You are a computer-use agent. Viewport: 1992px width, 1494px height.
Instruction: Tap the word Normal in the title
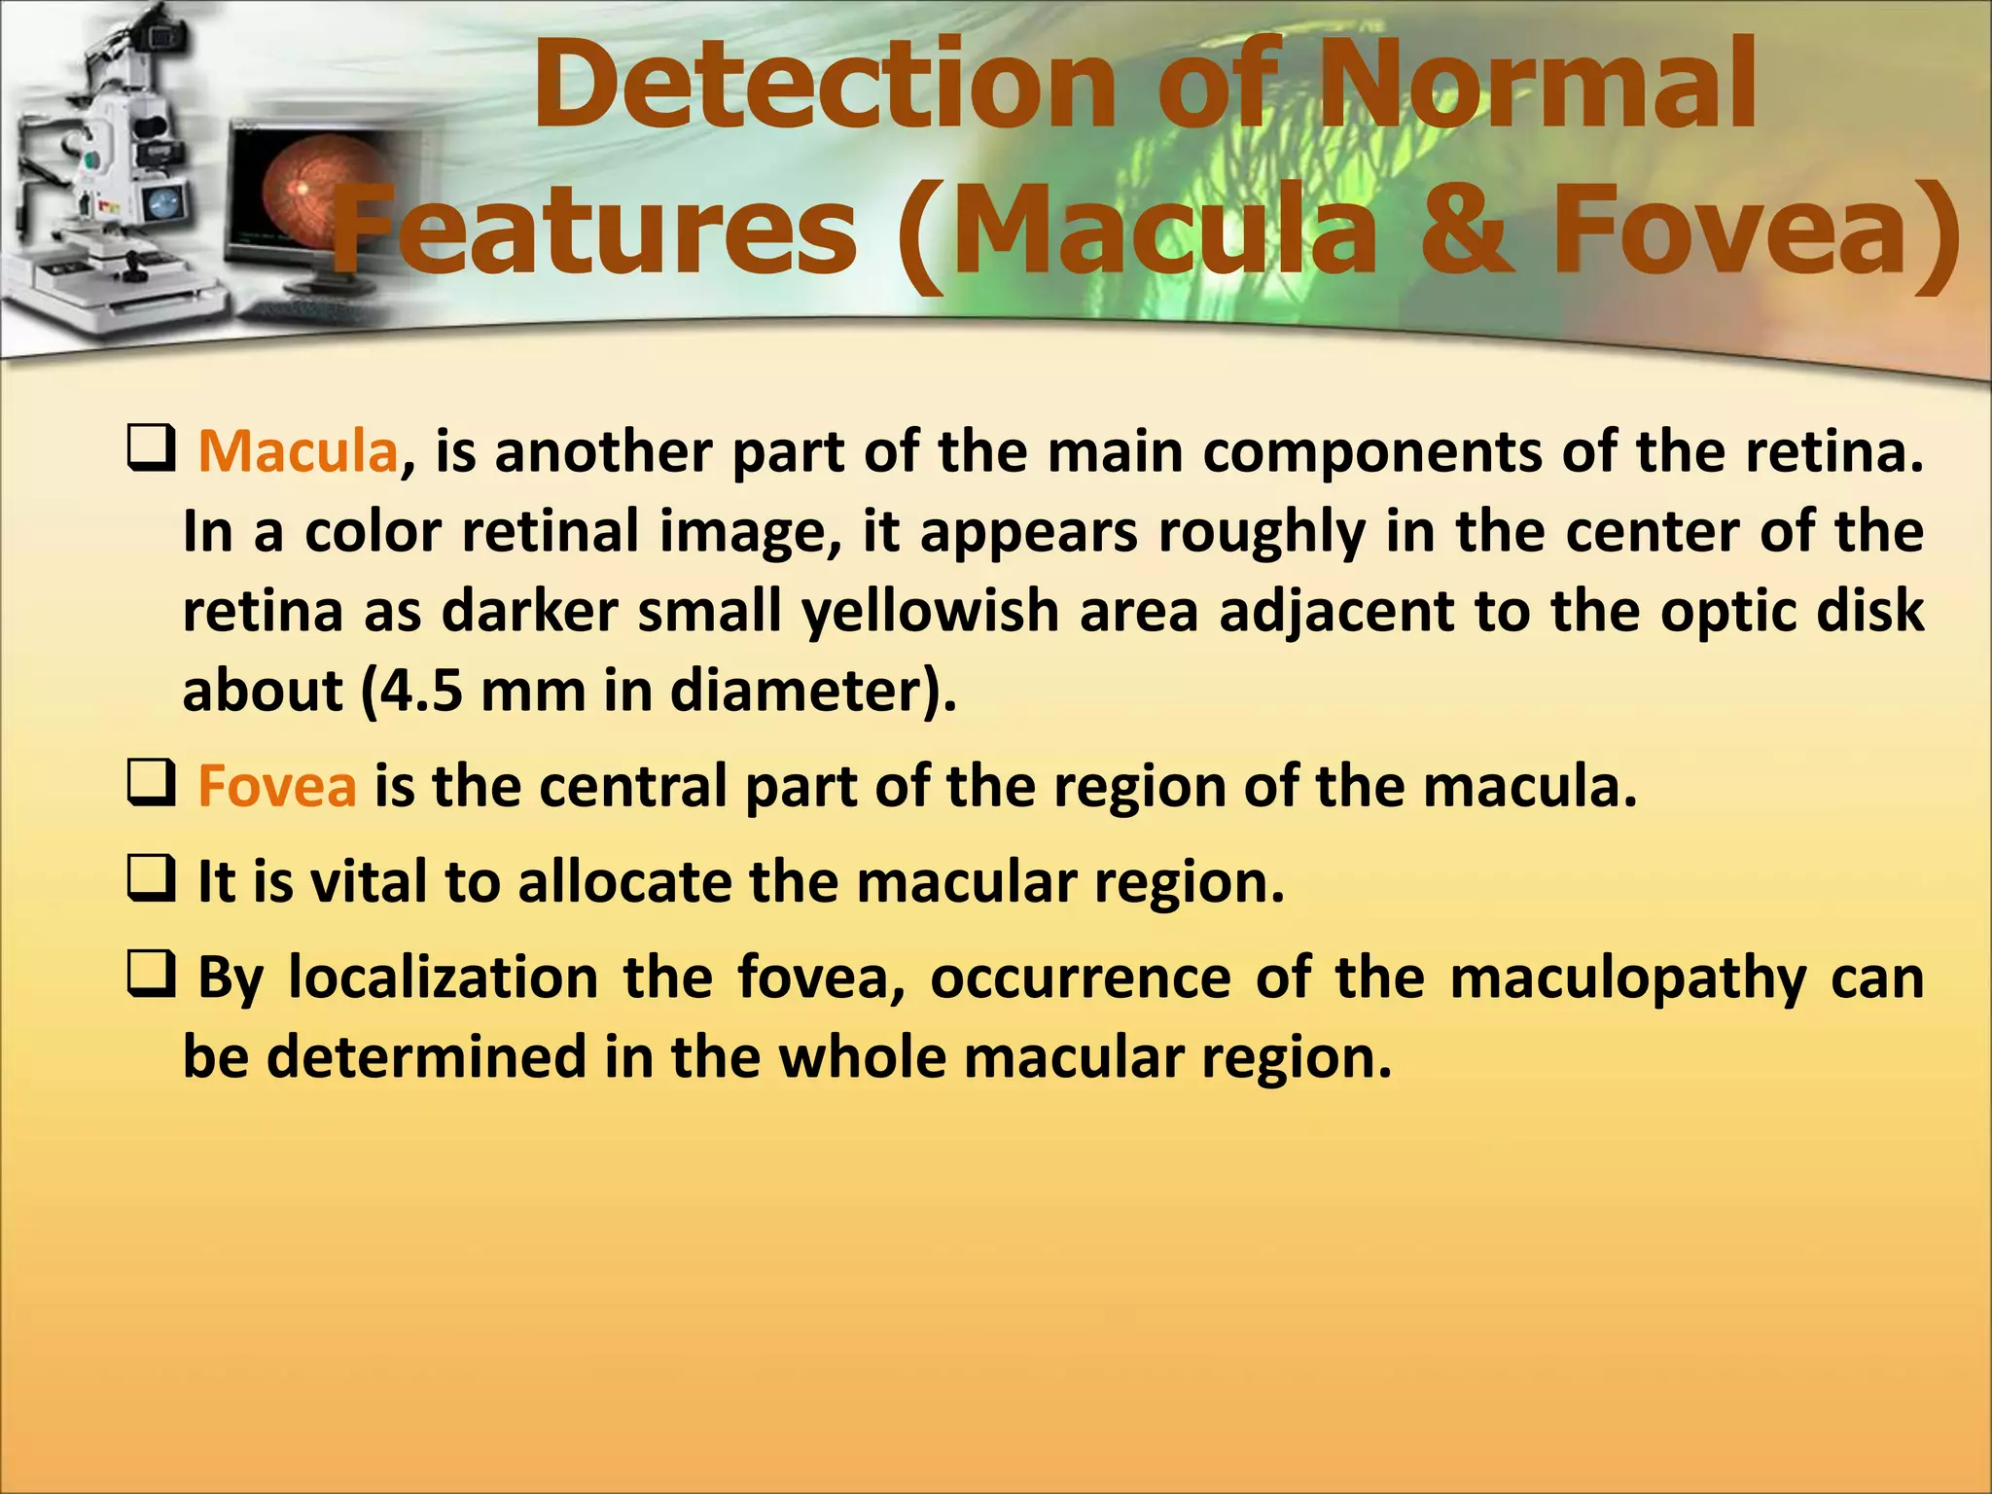point(1539,86)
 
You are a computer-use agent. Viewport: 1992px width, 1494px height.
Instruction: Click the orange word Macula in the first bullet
point(298,452)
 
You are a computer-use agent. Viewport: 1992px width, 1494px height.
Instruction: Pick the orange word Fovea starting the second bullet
point(277,786)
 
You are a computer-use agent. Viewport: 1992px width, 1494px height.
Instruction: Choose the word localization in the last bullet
point(444,978)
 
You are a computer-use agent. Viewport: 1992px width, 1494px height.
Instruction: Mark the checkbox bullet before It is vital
point(151,880)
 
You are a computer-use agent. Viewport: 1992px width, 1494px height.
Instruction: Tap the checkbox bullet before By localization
point(151,977)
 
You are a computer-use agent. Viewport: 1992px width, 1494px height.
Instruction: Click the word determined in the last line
point(426,1057)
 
